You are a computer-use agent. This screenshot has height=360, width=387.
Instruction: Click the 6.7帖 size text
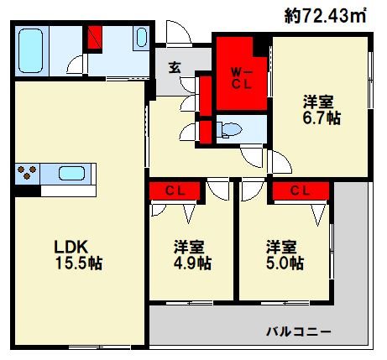tap(322, 118)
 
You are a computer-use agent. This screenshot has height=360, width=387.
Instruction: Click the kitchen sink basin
tap(71, 174)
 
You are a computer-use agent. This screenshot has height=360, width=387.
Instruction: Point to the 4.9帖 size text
tap(192, 263)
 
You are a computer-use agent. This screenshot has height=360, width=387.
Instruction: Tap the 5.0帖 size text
tap(285, 263)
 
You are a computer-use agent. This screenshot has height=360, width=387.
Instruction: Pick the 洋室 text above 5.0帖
tap(283, 247)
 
